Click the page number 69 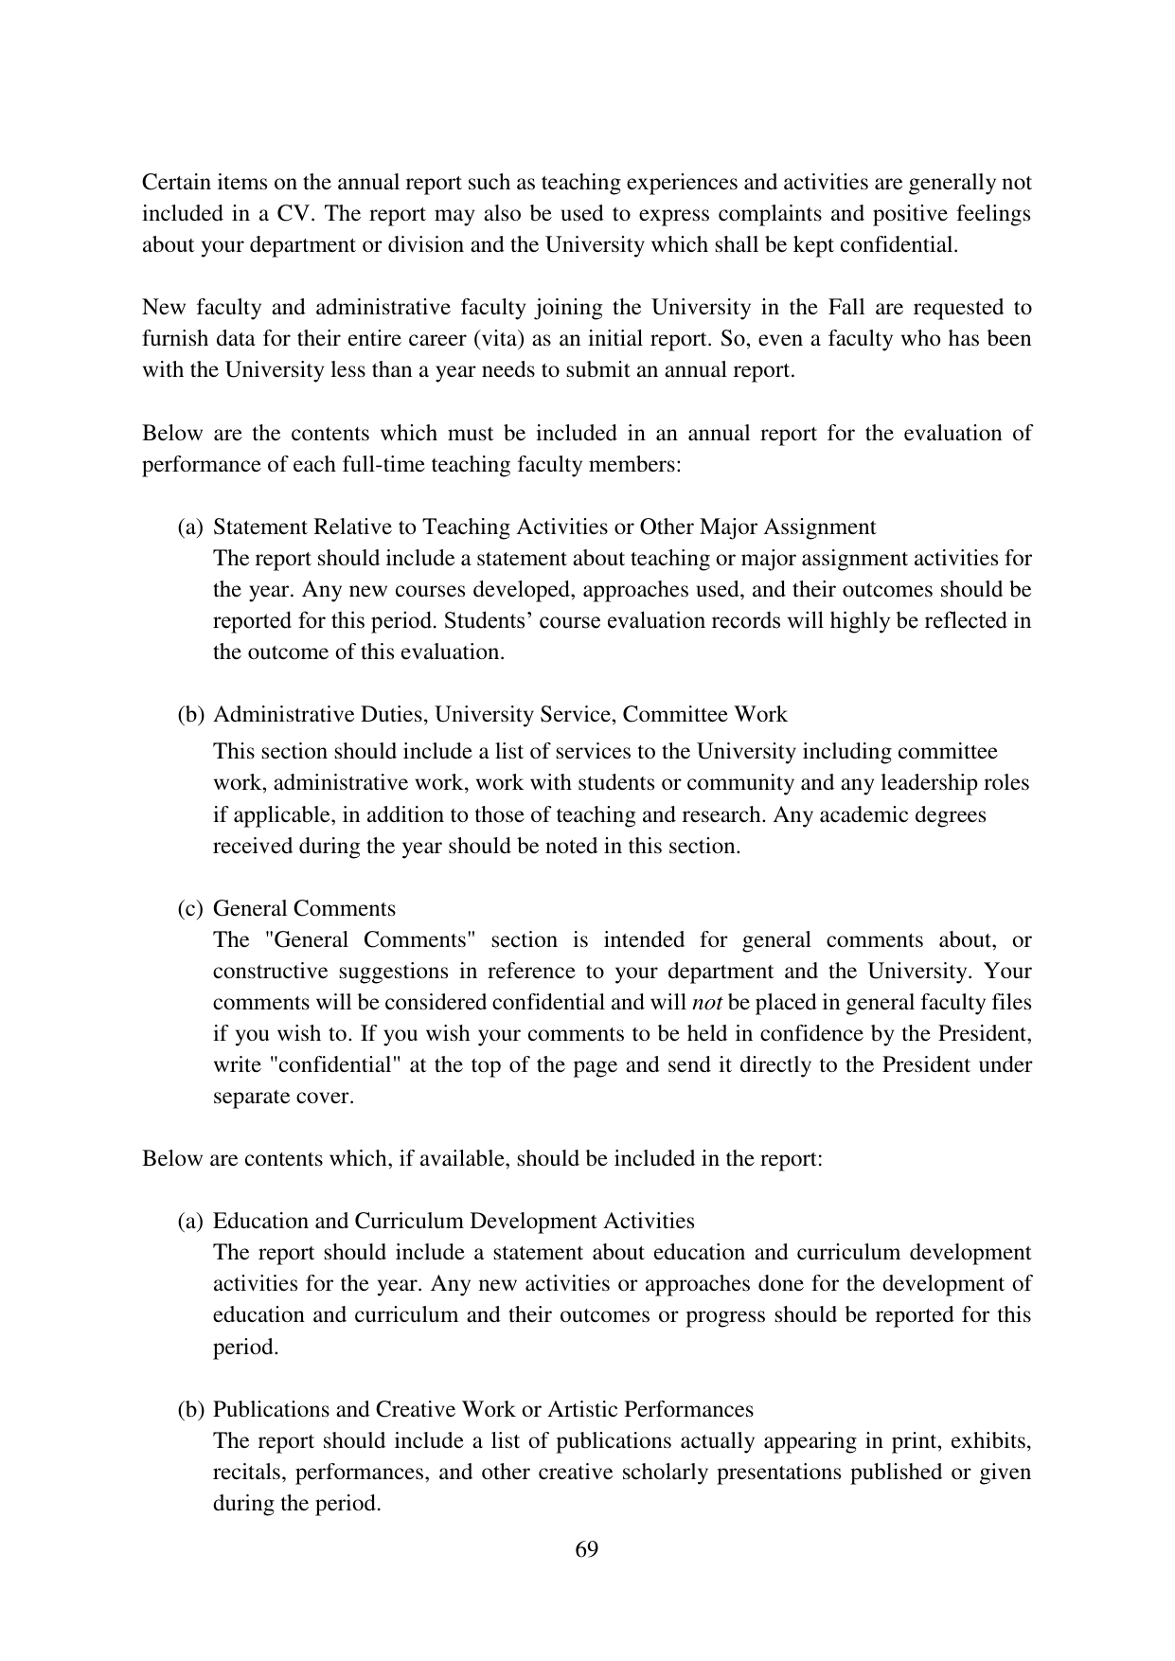tap(586, 1549)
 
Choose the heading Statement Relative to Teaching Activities tap(543, 527)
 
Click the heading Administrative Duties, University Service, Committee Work tap(499, 715)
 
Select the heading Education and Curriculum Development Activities tap(453, 1222)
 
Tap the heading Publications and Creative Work tap(482, 1410)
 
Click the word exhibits tap(990, 1441)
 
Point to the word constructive tap(271, 972)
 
